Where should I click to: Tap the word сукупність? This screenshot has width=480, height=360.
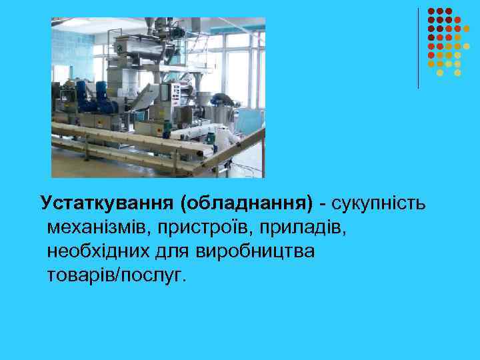click(x=378, y=202)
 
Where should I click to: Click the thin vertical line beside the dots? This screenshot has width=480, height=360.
click(x=418, y=47)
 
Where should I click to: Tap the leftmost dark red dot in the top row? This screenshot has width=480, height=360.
click(x=431, y=11)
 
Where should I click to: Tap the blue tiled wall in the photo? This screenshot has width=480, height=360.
click(x=69, y=47)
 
